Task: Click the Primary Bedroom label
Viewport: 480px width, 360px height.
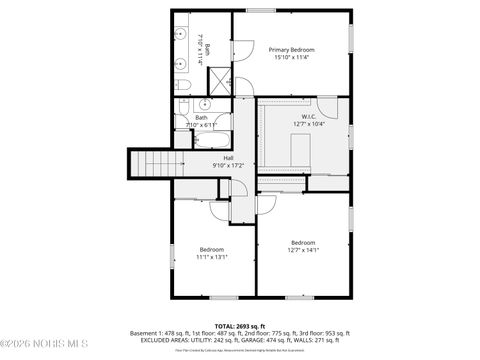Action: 291,49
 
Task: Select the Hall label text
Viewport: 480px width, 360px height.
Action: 228,157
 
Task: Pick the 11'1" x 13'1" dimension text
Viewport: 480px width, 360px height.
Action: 211,257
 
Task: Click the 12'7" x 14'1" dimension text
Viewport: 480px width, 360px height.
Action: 303,250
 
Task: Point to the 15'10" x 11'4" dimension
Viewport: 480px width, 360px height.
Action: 291,58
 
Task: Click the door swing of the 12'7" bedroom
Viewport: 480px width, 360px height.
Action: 266,204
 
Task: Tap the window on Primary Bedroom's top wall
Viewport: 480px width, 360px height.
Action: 261,10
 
